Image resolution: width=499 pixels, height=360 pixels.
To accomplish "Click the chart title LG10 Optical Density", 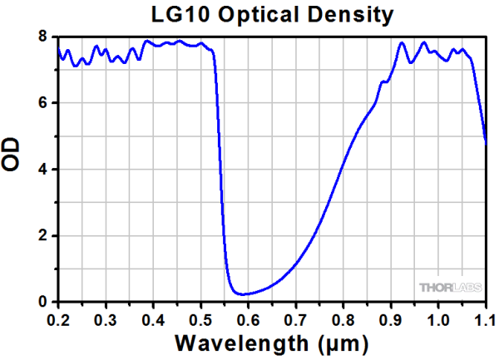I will (x=272, y=15).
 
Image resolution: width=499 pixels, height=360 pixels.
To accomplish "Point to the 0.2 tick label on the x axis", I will (x=58, y=318).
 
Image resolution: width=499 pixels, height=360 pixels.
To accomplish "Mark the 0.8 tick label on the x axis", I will (x=343, y=318).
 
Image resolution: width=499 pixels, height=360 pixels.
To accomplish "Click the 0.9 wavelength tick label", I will (x=391, y=318).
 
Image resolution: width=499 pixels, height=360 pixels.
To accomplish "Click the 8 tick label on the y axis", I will (x=41, y=37).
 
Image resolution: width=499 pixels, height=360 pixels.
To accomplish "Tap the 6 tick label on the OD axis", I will (x=41, y=103).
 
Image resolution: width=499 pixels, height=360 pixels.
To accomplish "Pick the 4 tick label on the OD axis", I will (x=41, y=170).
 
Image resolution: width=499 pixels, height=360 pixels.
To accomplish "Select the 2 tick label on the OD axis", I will (x=41, y=236).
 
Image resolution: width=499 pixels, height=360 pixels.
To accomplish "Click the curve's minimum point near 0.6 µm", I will (x=242, y=293).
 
